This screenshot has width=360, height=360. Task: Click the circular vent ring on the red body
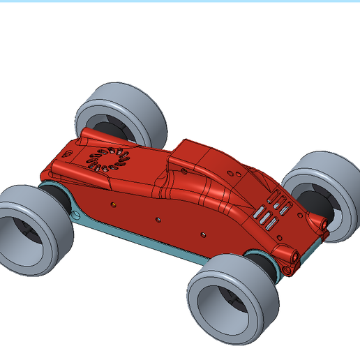click(109, 159)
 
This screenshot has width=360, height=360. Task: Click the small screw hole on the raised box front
click(183, 170)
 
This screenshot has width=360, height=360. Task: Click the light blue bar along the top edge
click(180, 1)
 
